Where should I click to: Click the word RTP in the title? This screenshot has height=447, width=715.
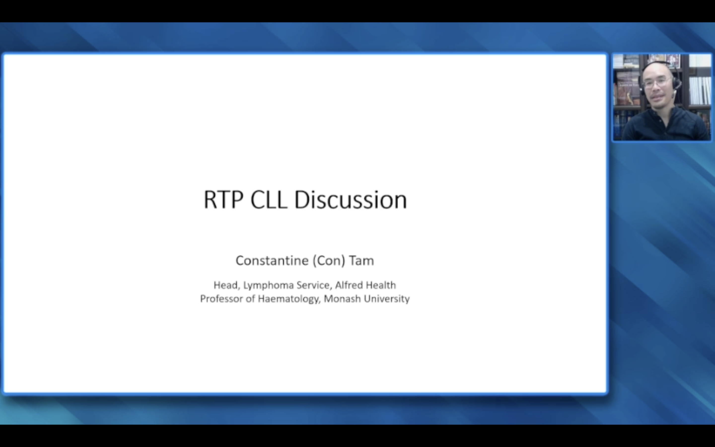tap(224, 200)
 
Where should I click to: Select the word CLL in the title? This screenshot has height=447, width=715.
tap(269, 200)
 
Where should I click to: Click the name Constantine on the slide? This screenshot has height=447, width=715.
tap(272, 261)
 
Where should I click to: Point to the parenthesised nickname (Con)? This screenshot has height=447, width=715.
tap(329, 261)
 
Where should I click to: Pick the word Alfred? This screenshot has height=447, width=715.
tap(348, 285)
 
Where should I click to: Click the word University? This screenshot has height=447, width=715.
tap(387, 299)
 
